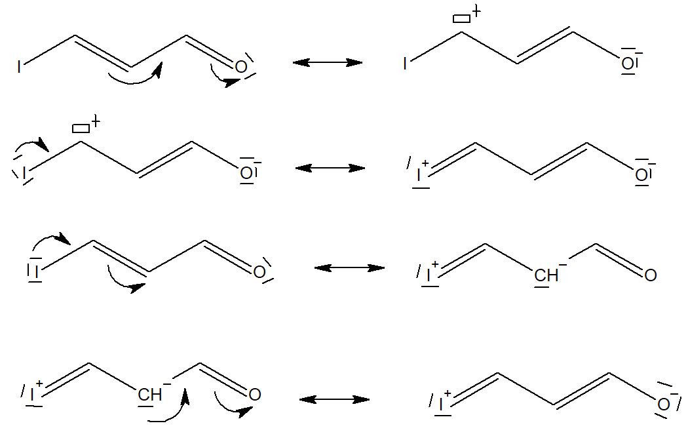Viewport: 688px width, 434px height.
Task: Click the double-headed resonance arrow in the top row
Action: click(328, 62)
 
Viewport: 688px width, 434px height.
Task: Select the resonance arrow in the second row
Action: click(330, 168)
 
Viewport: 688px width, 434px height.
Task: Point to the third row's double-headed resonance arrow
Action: click(349, 267)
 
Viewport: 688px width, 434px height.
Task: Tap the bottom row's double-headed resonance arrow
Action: click(334, 399)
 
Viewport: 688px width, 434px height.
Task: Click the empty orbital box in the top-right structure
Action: click(461, 18)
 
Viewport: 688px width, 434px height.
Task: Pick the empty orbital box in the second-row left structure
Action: click(81, 128)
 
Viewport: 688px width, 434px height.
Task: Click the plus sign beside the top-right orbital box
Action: click(476, 11)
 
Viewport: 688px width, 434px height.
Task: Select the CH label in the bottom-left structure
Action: click(150, 395)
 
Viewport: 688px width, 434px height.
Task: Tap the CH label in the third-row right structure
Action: click(546, 275)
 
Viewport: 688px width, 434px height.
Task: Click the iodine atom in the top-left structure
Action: click(19, 67)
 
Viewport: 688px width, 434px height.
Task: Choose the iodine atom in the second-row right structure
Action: click(419, 175)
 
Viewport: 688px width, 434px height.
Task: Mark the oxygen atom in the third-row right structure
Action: click(650, 275)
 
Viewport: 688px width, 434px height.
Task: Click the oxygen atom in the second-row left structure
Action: click(246, 173)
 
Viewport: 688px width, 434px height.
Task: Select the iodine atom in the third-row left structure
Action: click(37, 271)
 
